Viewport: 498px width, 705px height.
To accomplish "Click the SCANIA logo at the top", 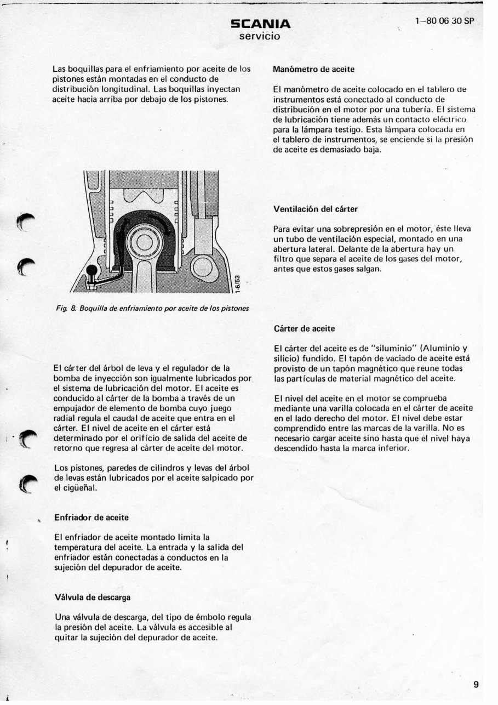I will pyautogui.click(x=260, y=24).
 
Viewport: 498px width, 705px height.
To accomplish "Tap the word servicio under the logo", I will pyautogui.click(x=260, y=36).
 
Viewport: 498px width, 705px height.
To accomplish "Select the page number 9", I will pyautogui.click(x=476, y=684).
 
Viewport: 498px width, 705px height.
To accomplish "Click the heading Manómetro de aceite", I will pyautogui.click(x=313, y=70).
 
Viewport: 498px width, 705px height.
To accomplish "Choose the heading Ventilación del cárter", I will pyautogui.click(x=315, y=209).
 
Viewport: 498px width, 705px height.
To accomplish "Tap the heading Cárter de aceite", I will pyautogui.click(x=304, y=328).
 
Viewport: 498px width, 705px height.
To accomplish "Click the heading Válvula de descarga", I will pyautogui.click(x=93, y=596).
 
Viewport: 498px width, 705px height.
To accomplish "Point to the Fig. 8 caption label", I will pyautogui.click(x=66, y=309).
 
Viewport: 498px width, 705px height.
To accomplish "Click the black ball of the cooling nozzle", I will pyautogui.click(x=91, y=272).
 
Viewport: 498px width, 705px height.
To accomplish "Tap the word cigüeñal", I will pyautogui.click(x=80, y=488).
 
